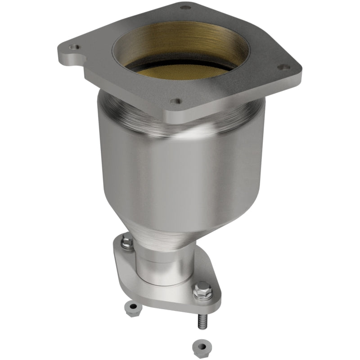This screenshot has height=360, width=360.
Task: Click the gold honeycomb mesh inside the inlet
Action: click(180, 70)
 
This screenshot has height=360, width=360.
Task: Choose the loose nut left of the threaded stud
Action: click(133, 308)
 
